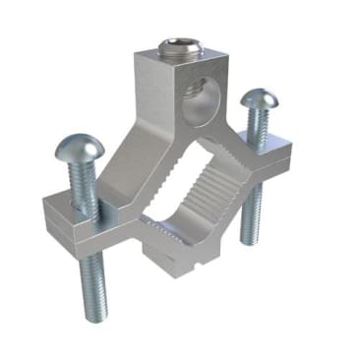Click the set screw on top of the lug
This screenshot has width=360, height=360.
tap(176, 49)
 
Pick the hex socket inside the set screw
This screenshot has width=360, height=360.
tap(176, 47)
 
